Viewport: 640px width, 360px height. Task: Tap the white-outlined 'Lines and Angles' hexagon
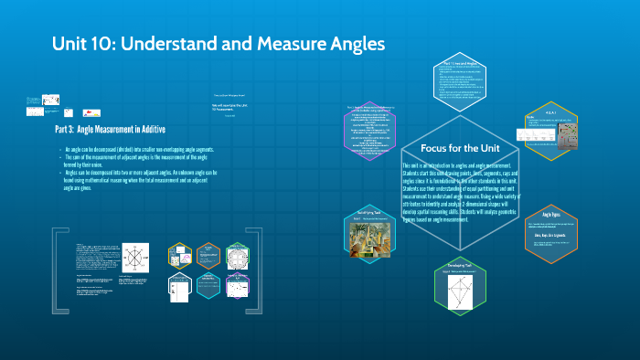463,88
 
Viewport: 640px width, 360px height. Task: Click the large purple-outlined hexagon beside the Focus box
379,137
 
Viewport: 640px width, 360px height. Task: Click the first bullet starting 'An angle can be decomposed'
137,148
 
